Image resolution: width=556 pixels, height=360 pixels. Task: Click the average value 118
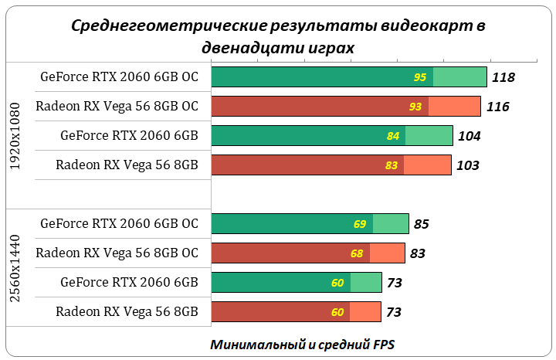tap(503, 77)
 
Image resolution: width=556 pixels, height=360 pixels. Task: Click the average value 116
tap(497, 107)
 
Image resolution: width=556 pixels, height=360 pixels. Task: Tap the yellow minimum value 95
tap(420, 77)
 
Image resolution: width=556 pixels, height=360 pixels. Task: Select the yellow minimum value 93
tap(415, 107)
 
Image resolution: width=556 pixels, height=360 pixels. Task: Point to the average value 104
tap(469, 136)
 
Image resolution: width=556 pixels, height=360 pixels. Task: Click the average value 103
tap(467, 165)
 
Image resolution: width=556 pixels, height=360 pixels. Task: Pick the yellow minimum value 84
tap(393, 136)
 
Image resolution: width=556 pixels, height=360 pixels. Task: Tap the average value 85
tap(421, 224)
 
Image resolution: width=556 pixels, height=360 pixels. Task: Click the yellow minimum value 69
tap(360, 224)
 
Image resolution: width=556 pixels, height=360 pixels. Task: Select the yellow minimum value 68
tap(357, 253)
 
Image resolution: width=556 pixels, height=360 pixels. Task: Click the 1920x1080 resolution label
tap(16, 136)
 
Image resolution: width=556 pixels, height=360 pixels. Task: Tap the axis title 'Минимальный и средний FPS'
tap(303, 344)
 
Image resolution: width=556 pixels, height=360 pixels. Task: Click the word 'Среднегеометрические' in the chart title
tap(164, 26)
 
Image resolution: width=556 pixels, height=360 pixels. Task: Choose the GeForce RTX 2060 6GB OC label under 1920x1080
tap(119, 76)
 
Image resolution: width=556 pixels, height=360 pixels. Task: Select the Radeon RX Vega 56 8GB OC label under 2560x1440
tap(117, 253)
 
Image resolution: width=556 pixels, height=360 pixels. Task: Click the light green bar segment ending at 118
tap(459, 77)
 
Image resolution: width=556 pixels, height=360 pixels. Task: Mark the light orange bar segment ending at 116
tap(455, 107)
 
